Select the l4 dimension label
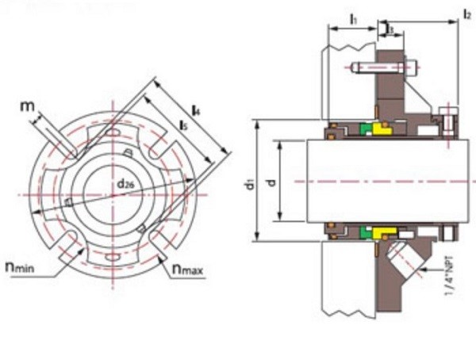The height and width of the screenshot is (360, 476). point(195,111)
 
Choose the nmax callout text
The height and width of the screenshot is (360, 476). point(187,270)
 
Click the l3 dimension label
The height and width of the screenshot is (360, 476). point(390,29)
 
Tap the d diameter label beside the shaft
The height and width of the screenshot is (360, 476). point(271,182)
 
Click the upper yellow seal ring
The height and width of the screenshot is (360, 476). point(382,128)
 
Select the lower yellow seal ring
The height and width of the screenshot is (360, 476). point(382,234)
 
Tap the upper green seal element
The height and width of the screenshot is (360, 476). point(366,129)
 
